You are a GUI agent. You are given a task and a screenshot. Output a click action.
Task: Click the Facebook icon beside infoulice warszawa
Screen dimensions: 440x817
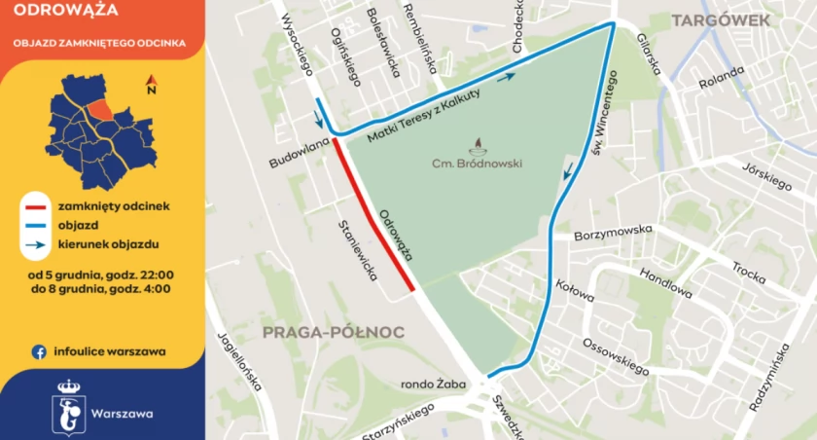pos(40,351)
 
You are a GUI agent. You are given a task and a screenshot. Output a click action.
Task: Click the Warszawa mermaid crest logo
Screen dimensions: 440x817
pos(67,404)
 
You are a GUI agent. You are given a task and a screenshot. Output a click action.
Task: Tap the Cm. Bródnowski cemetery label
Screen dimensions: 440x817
pos(477,164)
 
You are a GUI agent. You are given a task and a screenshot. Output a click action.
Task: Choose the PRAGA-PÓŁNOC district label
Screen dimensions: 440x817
pos(333,332)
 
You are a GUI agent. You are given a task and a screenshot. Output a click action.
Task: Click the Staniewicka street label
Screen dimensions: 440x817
pos(357,250)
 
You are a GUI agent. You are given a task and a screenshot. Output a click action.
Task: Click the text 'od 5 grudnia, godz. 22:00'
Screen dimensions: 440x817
pos(101,274)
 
